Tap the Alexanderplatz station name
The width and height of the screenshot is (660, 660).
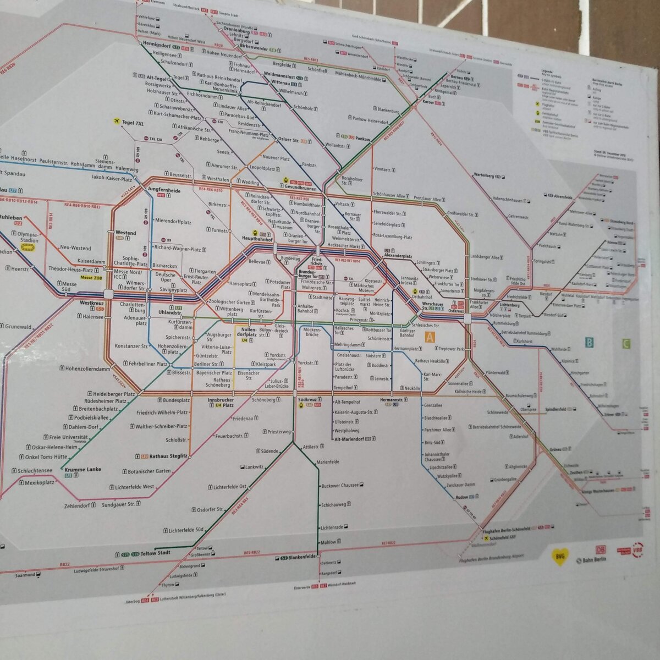398,256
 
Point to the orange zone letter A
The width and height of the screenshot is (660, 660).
429,337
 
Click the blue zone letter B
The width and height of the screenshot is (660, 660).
589,343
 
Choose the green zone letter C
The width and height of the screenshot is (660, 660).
625,345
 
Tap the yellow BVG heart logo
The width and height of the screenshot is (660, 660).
559,557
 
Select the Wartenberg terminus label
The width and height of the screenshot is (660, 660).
484,176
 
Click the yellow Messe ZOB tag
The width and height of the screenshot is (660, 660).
91,278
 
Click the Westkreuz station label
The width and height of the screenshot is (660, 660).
92,303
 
